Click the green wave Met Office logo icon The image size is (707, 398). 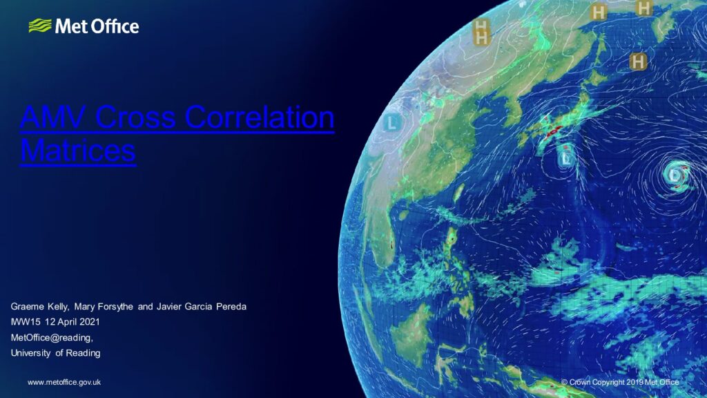point(40,26)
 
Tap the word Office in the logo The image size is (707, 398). point(115,27)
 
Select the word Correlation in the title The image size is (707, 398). point(260,117)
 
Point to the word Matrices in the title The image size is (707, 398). point(78,150)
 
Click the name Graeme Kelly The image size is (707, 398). point(39,306)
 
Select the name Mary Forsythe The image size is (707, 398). point(104,306)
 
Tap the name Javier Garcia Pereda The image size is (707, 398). point(202,306)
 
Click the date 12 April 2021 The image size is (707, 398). point(72,322)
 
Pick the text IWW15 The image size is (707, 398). point(26,322)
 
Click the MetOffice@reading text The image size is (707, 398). point(52,337)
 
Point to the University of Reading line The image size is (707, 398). point(55,353)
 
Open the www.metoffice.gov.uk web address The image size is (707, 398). point(64,382)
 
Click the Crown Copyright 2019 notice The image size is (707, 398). point(620,382)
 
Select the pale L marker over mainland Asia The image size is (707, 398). point(392,123)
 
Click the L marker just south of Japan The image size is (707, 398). point(566,158)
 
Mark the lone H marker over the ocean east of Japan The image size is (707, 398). point(637,61)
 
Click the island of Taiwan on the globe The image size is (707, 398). point(458,193)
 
